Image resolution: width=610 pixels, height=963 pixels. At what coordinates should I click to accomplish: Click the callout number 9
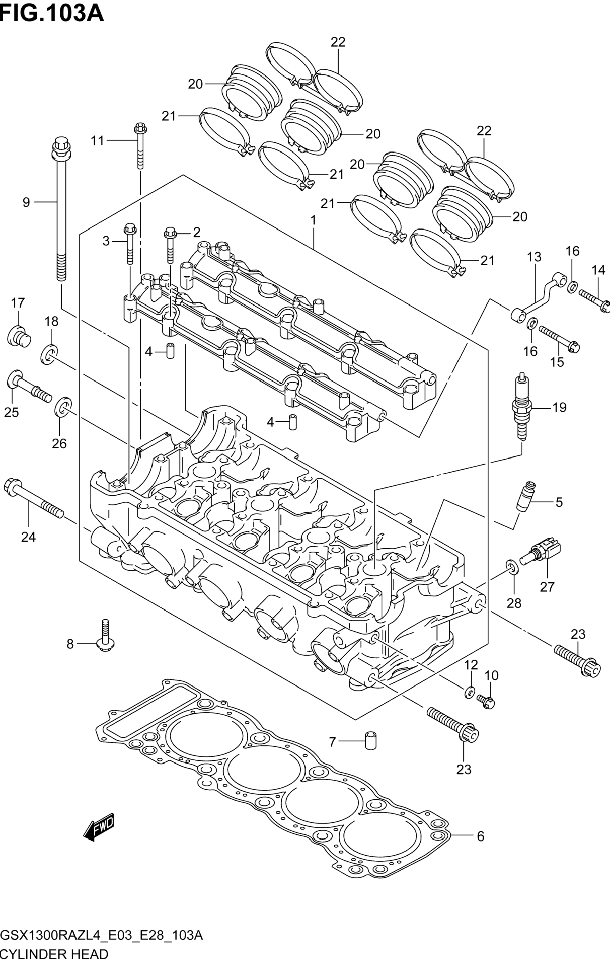[x=26, y=202]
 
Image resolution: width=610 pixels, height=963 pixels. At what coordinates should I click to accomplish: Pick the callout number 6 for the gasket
[x=480, y=836]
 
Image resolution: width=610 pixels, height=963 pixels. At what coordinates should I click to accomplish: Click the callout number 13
[x=534, y=257]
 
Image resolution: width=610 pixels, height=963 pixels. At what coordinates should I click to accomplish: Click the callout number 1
[x=314, y=220]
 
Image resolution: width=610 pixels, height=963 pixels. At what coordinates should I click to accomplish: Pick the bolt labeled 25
[x=28, y=385]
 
